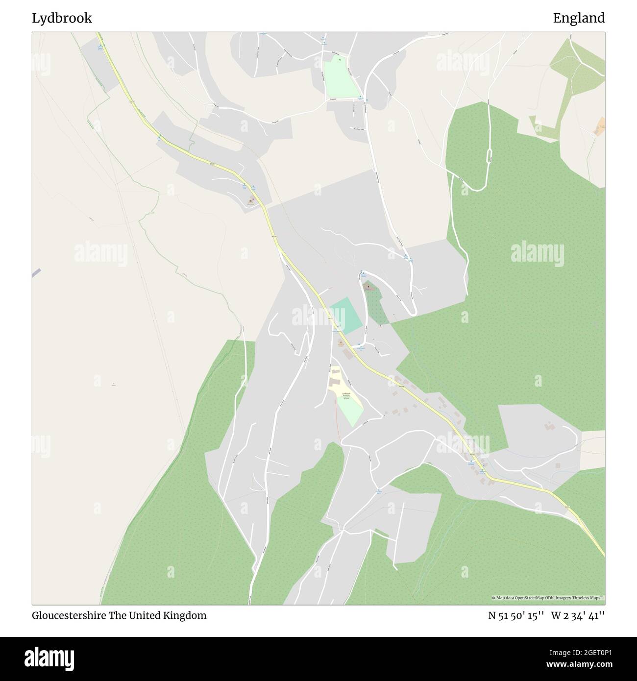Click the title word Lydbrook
pos(62,18)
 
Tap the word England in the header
pos(579,18)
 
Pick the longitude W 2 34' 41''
pos(578,615)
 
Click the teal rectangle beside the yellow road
pos(346,317)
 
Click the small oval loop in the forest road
pos(489,156)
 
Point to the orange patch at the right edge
pos(600,126)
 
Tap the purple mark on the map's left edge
pos(36,273)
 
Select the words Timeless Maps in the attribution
pos(589,598)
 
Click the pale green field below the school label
pos(349,412)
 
